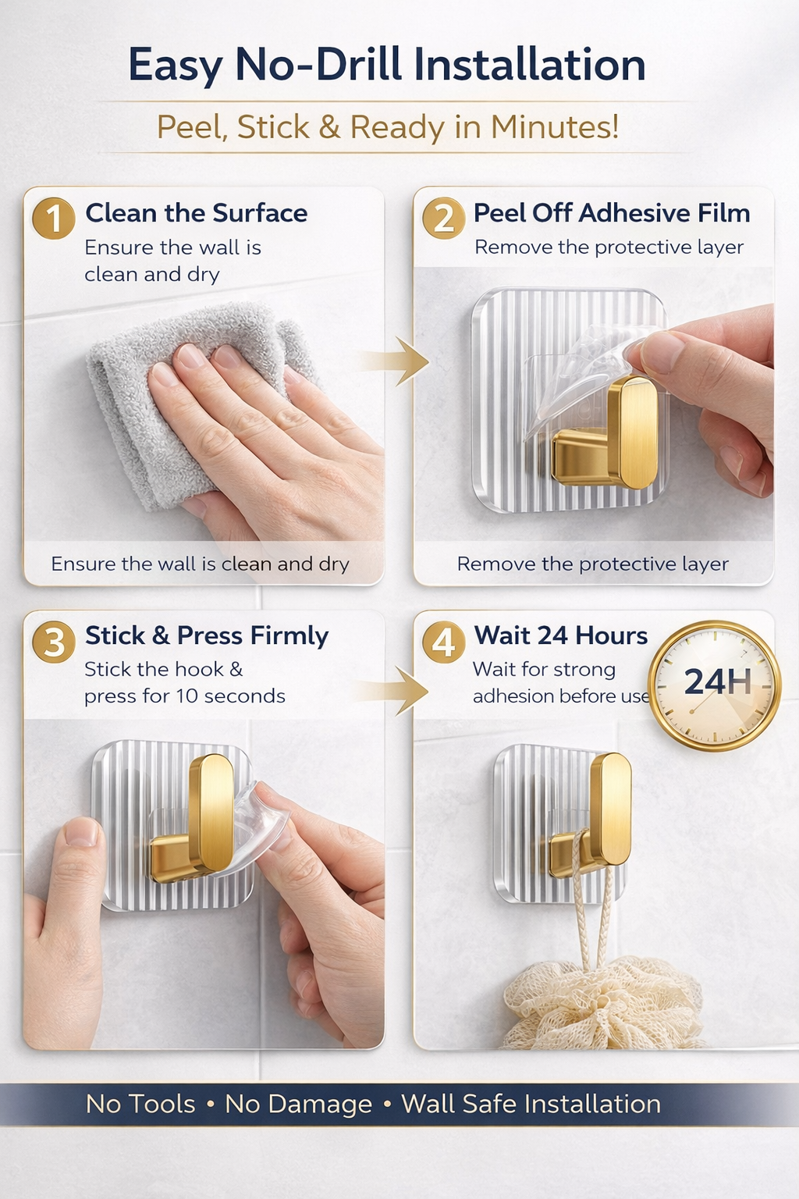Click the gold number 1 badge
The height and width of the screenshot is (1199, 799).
(x=54, y=219)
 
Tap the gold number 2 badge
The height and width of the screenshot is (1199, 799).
(x=444, y=219)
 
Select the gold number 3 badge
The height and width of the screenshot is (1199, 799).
(x=54, y=642)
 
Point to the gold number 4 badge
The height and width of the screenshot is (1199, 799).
(x=444, y=642)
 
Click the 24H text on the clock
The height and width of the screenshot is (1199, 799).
(x=718, y=681)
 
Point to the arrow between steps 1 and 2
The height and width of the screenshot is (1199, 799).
(x=396, y=361)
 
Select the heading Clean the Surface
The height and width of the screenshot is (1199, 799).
(x=197, y=213)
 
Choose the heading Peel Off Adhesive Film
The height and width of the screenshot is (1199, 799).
(x=612, y=213)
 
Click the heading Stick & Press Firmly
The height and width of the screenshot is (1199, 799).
(x=207, y=636)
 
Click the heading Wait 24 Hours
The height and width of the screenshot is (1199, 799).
(x=560, y=636)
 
